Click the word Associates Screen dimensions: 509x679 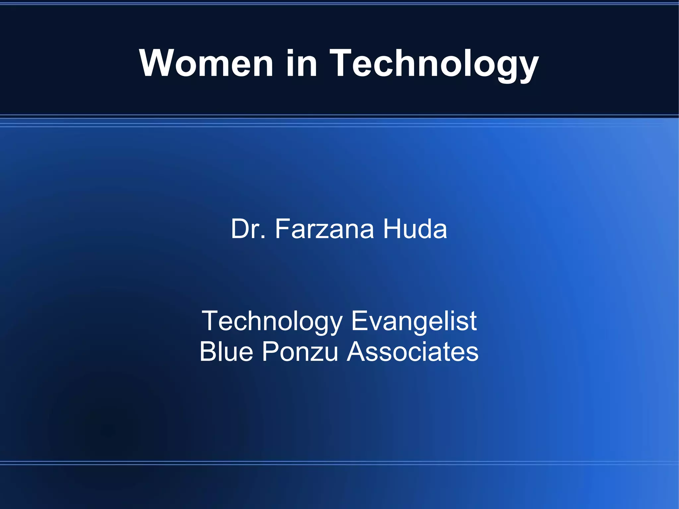412,351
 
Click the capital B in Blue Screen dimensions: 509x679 208,351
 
